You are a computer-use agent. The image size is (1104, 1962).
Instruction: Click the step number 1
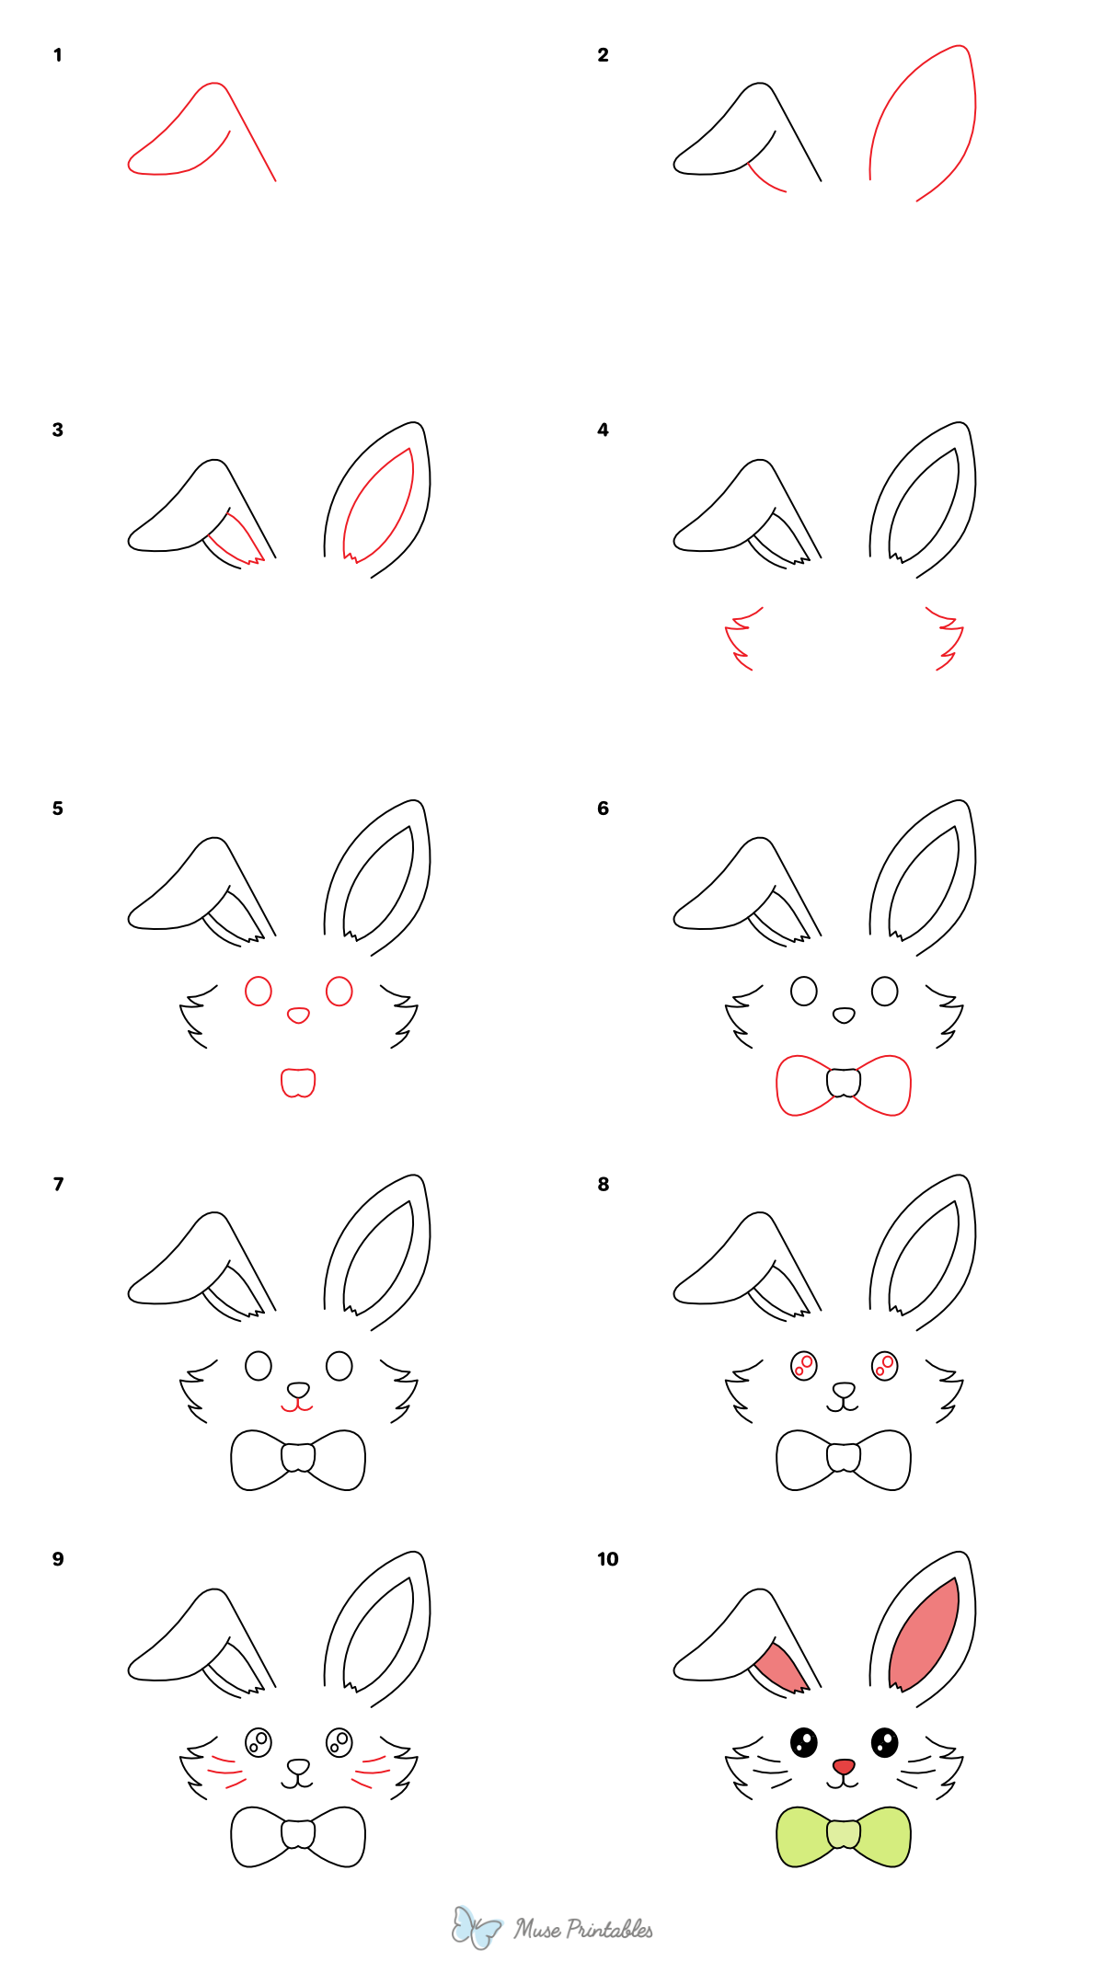click(57, 55)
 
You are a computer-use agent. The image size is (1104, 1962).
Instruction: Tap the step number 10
click(607, 1559)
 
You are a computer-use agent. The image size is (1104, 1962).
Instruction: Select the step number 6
click(603, 809)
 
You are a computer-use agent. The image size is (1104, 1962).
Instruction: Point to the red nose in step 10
click(844, 1766)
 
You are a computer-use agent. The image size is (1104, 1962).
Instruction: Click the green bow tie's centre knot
click(844, 1834)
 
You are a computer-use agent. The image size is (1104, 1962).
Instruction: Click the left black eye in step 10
click(804, 1742)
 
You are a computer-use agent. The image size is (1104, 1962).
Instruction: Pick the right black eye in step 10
click(884, 1742)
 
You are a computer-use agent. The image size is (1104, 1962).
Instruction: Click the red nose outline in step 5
click(298, 1015)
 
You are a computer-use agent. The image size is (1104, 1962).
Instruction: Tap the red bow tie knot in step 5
click(298, 1083)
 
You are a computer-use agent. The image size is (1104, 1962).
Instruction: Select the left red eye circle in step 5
click(259, 991)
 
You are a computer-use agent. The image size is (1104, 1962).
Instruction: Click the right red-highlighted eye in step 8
click(884, 1366)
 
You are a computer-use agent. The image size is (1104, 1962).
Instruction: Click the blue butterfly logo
click(477, 1927)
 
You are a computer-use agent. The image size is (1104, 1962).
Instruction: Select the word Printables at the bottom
click(609, 1929)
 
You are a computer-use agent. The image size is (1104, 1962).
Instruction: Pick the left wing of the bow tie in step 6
click(802, 1085)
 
